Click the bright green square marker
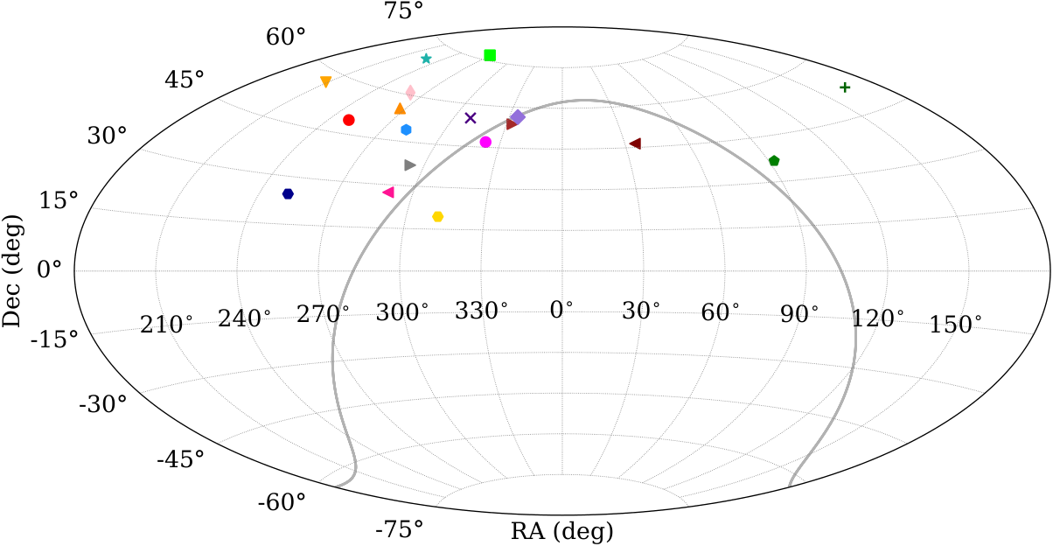point(490,55)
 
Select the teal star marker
point(426,59)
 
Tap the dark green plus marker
point(845,87)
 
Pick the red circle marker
point(348,121)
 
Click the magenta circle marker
point(485,142)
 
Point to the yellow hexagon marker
point(437,217)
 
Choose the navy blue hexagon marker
point(288,193)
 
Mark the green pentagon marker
point(774,161)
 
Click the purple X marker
point(471,118)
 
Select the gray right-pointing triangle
point(410,165)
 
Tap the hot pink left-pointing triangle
point(388,192)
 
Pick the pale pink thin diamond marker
point(410,93)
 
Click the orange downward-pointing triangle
point(325,82)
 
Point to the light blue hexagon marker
point(406,129)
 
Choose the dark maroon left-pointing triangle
point(635,143)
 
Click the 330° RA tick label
point(481,311)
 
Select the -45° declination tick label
point(180,458)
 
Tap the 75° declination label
point(403,10)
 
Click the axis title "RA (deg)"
point(562,532)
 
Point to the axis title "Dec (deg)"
point(11,271)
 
